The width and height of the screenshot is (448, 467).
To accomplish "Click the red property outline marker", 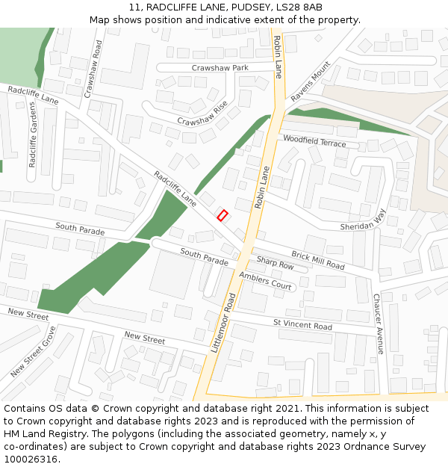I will tap(222, 215).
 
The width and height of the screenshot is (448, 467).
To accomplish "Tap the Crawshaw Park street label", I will tap(220, 68).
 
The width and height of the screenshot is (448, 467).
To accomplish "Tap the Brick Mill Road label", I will tap(317, 261).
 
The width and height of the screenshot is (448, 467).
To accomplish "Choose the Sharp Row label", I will tap(275, 264).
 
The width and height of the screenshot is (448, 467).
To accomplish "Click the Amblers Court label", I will tap(265, 281).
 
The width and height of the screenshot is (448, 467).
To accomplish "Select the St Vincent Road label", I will tap(302, 326).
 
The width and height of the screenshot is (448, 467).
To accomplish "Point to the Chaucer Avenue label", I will tap(378, 324).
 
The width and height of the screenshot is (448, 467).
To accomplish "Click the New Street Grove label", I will tap(33, 351).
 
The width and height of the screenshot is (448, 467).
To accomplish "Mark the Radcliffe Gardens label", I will tap(33, 134).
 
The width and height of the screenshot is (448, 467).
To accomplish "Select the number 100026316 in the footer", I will tap(31, 459).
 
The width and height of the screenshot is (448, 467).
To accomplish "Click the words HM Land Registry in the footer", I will tap(46, 433).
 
